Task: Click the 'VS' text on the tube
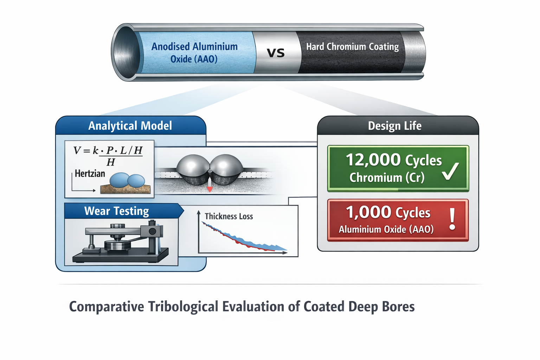coord(276,53)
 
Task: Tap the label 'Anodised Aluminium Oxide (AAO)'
coord(194,53)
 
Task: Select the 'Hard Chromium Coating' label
coord(352,47)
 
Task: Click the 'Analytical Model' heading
coord(130,126)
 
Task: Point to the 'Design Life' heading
coord(394,126)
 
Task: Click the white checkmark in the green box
coord(450,171)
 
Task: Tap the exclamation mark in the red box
coord(452,219)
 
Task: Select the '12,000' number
coord(373,160)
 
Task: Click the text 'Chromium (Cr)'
coord(387,178)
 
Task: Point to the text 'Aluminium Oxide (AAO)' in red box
coord(386,230)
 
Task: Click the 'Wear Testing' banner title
coord(117,211)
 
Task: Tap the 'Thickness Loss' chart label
coord(229,217)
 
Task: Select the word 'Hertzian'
coord(90,174)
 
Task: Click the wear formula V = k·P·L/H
coord(108,155)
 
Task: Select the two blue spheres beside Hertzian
coord(127,180)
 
